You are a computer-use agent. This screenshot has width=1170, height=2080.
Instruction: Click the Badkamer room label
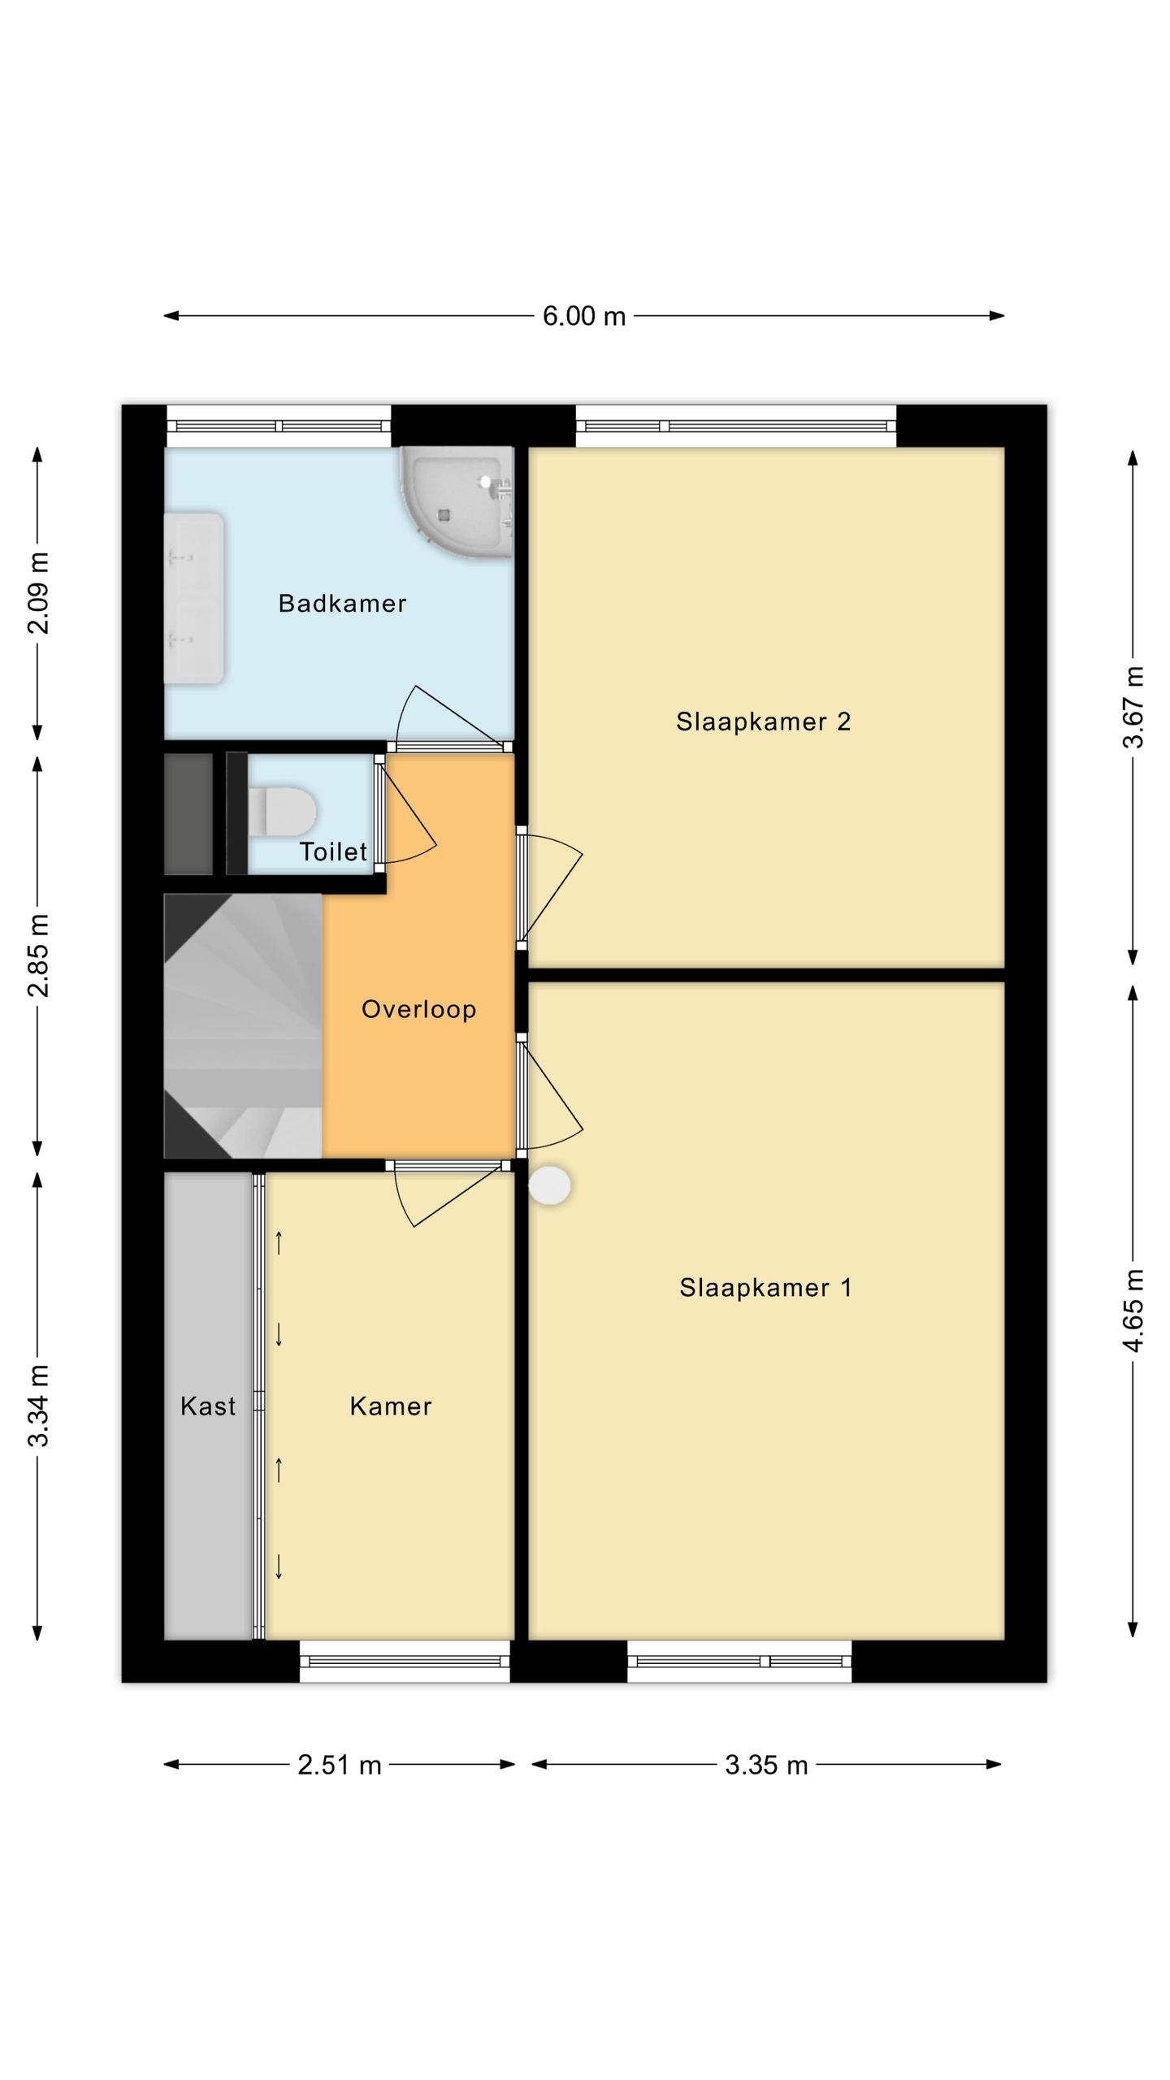point(342,603)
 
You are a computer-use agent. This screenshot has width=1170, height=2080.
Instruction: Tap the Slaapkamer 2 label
point(763,721)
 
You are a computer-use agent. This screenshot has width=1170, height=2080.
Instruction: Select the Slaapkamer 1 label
point(765,1288)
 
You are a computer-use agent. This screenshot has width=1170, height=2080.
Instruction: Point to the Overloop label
point(418,1009)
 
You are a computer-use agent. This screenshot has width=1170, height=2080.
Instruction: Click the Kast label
point(208,1406)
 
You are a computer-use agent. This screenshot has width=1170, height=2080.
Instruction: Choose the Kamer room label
point(391,1406)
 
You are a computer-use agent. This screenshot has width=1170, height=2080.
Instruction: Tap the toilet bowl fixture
point(281,810)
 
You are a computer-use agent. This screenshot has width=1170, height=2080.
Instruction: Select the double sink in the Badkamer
point(194,597)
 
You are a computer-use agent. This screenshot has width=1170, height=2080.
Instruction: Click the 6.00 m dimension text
point(584,316)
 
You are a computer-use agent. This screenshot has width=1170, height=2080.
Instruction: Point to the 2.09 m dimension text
point(39,593)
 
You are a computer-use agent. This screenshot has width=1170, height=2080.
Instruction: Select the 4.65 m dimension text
point(1133,1310)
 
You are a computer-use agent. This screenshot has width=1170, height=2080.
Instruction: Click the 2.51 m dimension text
point(340,1765)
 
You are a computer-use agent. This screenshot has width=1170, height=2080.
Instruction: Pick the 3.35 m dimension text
point(766,1765)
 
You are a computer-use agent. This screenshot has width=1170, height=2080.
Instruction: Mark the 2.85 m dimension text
point(39,955)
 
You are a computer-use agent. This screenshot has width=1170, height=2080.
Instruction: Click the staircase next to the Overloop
point(243,1026)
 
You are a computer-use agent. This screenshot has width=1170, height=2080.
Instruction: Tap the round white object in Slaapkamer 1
point(550,1185)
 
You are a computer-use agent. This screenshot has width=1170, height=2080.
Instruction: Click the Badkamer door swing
point(449,715)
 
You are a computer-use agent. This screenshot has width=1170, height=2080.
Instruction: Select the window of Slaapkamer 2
point(736,426)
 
